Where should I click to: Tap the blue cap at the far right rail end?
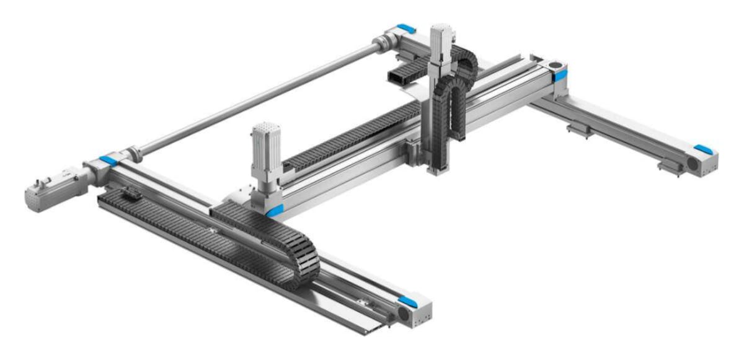click(702, 149)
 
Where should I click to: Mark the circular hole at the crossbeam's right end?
click(554, 64)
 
